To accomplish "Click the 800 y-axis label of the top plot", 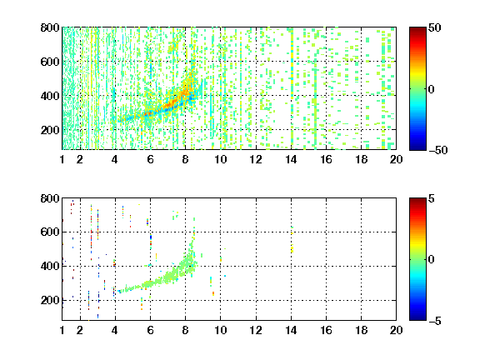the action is point(50,27).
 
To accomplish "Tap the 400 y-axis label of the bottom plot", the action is point(50,266).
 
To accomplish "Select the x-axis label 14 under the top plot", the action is point(291,159).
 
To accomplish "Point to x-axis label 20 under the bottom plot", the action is point(396,330).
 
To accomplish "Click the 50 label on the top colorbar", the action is point(435,27).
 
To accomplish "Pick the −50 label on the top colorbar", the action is point(438,150).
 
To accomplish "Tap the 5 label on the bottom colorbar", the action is point(432,198).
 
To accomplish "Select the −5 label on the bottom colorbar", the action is point(435,321).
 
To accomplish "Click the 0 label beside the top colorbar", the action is point(432,89).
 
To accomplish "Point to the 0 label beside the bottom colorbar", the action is point(432,260).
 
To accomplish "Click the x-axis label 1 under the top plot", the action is point(62,159).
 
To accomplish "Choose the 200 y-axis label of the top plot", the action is point(50,130).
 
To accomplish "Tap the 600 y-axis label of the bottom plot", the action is point(50,232).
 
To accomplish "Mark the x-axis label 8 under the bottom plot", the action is point(185,330).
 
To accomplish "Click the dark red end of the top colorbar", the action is point(417,29).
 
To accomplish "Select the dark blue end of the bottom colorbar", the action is point(417,318).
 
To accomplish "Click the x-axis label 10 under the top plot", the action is point(220,159).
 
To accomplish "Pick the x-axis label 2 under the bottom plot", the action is point(80,330).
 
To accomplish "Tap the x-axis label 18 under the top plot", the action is point(361,159).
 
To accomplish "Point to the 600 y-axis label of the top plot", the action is point(50,62).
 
